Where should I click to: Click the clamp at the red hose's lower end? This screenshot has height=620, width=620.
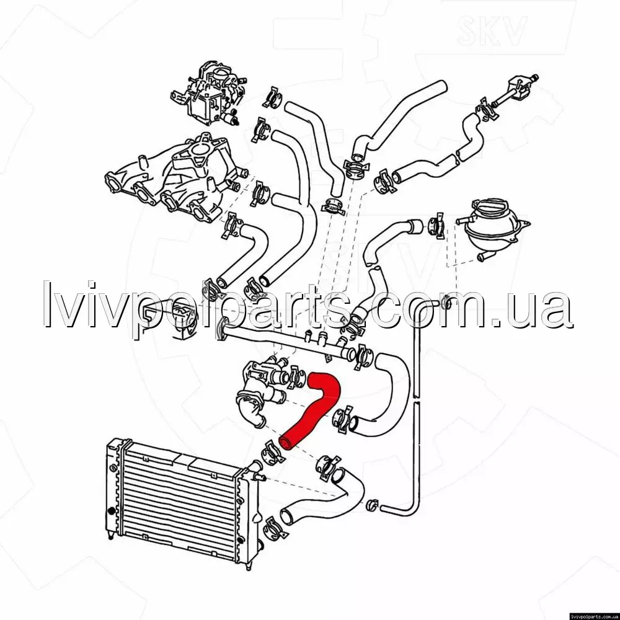pyautogui.click(x=272, y=452)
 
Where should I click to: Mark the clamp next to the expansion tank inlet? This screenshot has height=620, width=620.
pyautogui.click(x=436, y=226)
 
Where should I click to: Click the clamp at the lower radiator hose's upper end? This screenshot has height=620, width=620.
pyautogui.click(x=327, y=466)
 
